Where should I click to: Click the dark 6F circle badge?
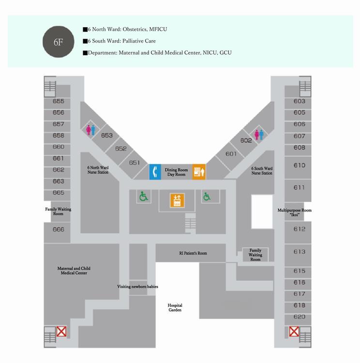point(59,42)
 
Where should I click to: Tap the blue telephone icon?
point(155,172)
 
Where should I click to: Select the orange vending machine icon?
point(199,172)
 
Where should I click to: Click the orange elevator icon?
point(177,200)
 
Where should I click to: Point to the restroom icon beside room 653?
point(91,130)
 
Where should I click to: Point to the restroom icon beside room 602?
point(259,135)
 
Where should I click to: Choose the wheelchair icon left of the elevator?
point(144,197)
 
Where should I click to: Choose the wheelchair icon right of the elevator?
point(207,197)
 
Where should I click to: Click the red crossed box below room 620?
point(294,332)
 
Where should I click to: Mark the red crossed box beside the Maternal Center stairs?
point(61,332)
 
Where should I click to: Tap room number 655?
point(59,101)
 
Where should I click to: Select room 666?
point(59,229)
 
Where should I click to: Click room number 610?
point(300,166)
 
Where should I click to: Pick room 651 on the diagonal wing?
point(135,163)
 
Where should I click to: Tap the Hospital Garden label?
point(175,307)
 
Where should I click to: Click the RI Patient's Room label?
point(193,253)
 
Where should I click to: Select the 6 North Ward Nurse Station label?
point(98,170)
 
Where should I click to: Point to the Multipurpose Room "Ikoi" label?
point(295,212)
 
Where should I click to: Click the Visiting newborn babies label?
point(137,287)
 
